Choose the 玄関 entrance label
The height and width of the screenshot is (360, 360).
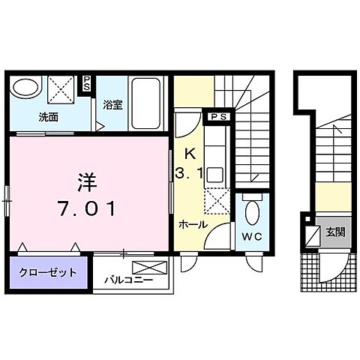tap(335, 232)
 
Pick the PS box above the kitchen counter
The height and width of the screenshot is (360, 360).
tap(218, 117)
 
